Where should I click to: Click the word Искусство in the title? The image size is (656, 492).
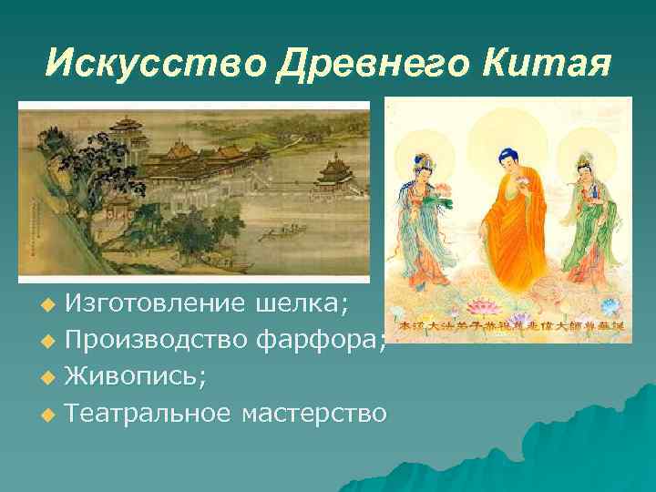click(151, 61)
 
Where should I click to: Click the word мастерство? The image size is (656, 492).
click(314, 415)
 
